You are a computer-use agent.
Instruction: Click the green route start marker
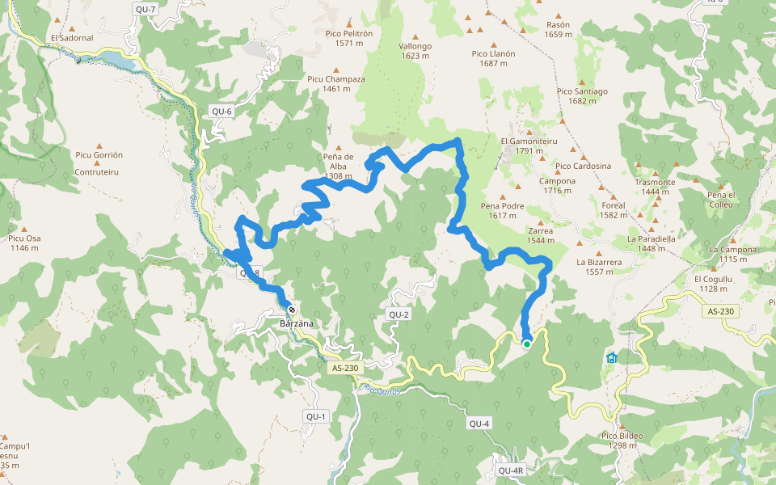[527, 344]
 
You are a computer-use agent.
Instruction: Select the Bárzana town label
[295, 323]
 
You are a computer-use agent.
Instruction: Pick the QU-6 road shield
[221, 112]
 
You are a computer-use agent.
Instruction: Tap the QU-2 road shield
[399, 314]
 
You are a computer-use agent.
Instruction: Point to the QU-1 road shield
[315, 416]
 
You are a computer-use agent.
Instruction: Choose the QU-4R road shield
[512, 470]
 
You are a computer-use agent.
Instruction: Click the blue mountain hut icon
[611, 357]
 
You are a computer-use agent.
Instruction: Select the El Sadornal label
[72, 38]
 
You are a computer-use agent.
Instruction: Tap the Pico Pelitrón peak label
[348, 38]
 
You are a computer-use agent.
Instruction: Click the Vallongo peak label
[415, 50]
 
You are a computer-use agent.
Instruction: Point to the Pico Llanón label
[493, 58]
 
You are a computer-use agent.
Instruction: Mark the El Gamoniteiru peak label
[529, 145]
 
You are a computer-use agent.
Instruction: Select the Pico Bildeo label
[622, 441]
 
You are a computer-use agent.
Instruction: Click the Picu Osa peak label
[25, 242]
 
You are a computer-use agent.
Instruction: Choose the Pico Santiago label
[582, 95]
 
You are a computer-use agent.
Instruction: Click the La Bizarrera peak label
[599, 267]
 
